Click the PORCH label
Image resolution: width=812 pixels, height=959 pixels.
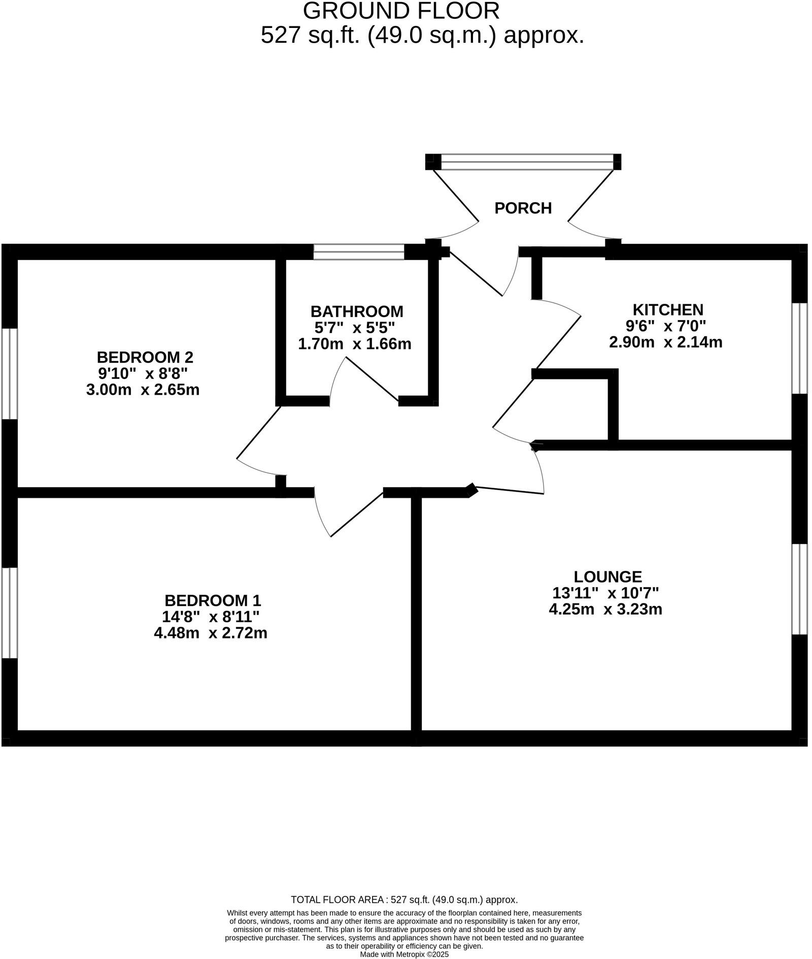tap(523, 208)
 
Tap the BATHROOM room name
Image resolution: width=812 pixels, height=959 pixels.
tap(357, 311)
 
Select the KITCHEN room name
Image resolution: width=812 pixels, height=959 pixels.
tap(667, 309)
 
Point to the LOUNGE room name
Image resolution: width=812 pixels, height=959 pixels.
tap(607, 577)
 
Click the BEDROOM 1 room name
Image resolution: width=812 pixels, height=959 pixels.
tap(212, 600)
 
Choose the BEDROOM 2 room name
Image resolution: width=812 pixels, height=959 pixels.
tap(145, 357)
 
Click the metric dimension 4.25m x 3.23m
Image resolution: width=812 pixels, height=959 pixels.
tap(605, 609)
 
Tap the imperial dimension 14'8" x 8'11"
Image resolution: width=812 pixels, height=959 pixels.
tap(211, 617)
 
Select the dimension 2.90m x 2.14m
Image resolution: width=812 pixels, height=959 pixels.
tap(665, 342)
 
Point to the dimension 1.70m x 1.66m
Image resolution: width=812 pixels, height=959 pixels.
tap(354, 344)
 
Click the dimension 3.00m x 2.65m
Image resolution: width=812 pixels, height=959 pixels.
tap(143, 390)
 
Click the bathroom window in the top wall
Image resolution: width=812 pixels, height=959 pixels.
tap(359, 252)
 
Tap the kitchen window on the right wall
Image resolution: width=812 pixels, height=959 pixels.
tap(799, 348)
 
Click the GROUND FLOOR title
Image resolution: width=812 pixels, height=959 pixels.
tap(401, 11)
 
